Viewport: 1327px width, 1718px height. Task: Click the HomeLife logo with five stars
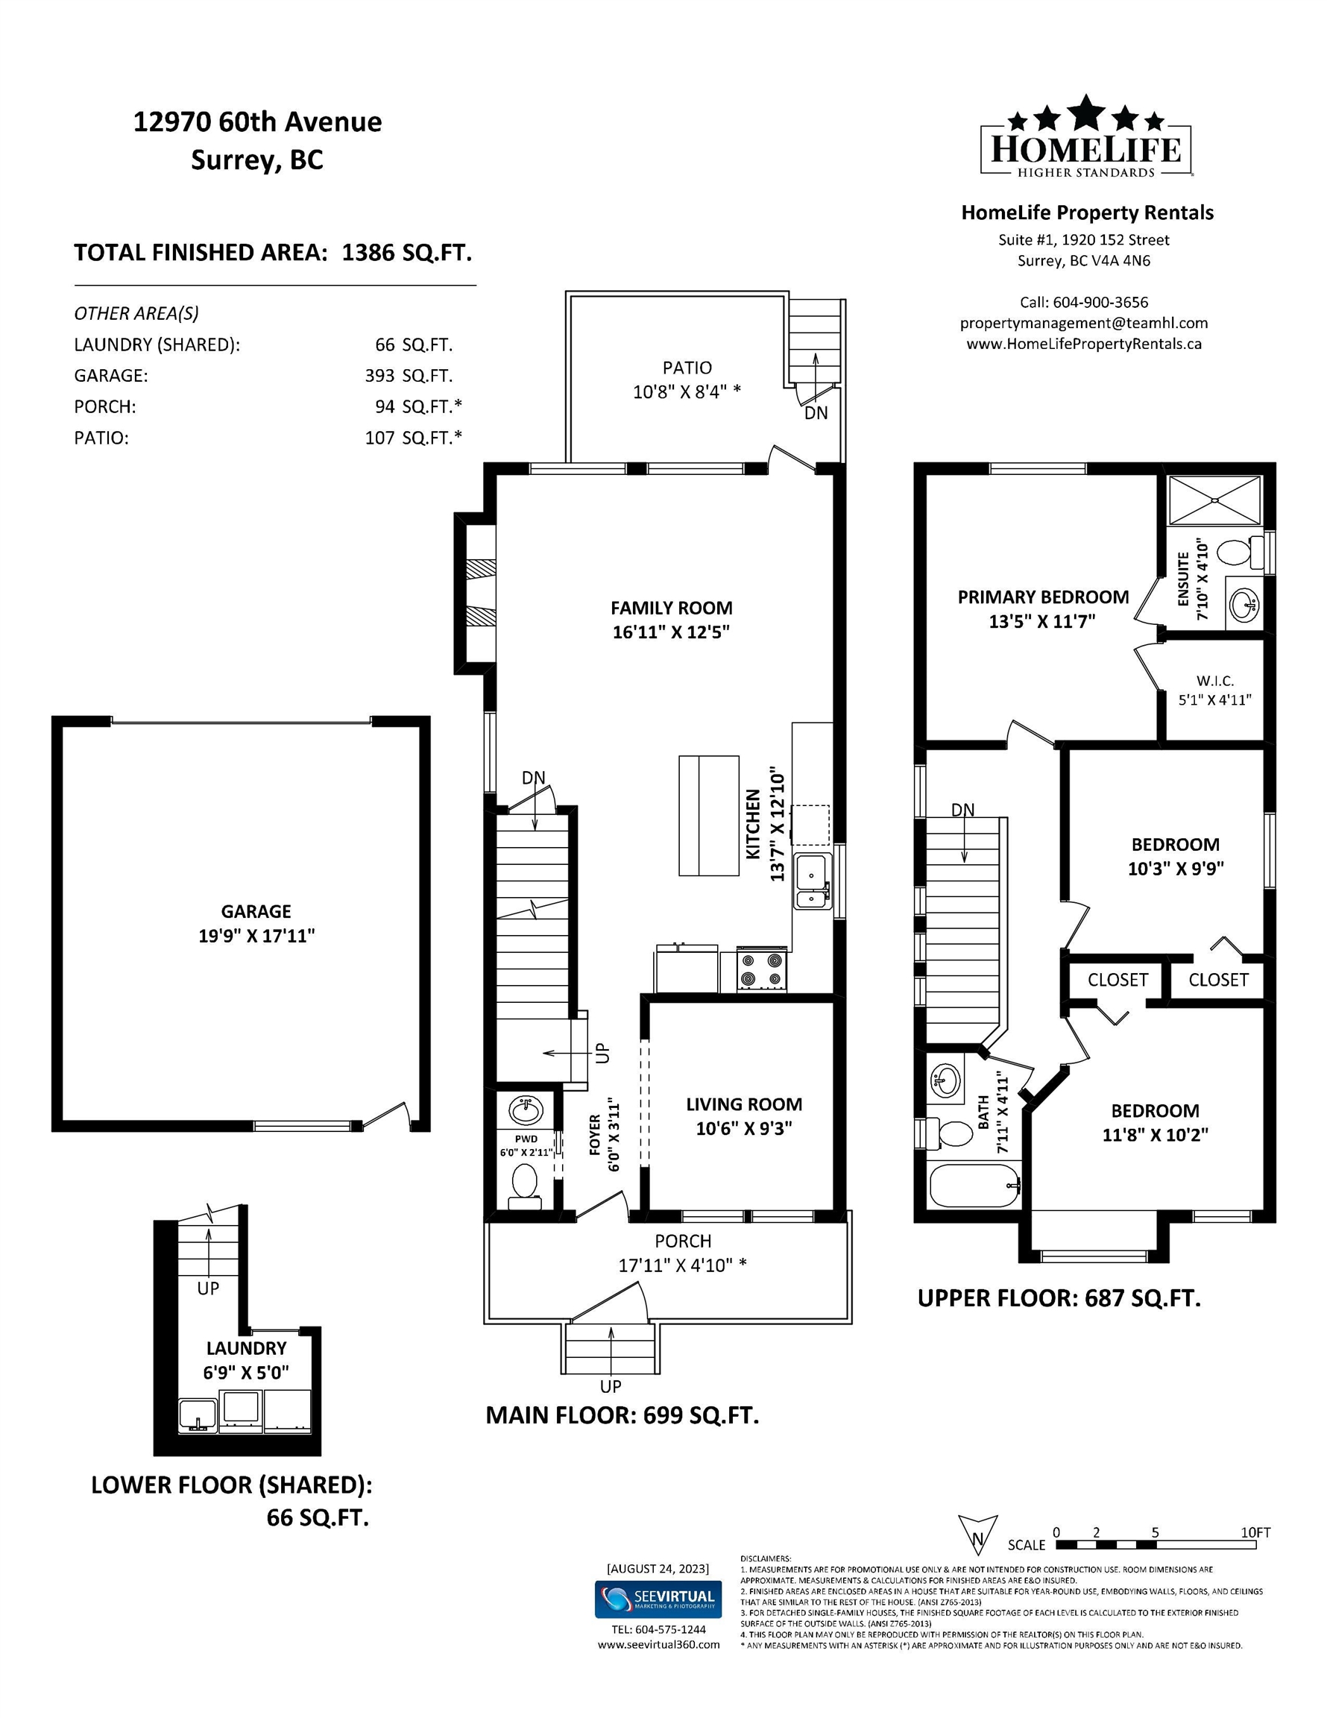point(1085,137)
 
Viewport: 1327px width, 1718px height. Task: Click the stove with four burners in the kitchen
point(762,970)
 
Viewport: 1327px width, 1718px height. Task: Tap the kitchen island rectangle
point(709,816)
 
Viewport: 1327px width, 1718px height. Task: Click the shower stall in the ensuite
point(1215,500)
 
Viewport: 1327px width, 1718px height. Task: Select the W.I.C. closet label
point(1215,682)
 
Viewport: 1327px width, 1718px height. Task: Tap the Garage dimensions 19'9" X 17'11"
point(256,936)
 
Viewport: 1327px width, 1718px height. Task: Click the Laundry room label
point(246,1348)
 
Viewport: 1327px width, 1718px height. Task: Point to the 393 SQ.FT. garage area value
point(409,376)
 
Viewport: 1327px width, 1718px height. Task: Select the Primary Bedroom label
point(1043,597)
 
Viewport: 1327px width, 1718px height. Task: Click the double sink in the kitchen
point(813,881)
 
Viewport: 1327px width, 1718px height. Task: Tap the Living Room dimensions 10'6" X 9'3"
point(744,1129)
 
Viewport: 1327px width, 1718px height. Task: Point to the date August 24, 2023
point(658,1569)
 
